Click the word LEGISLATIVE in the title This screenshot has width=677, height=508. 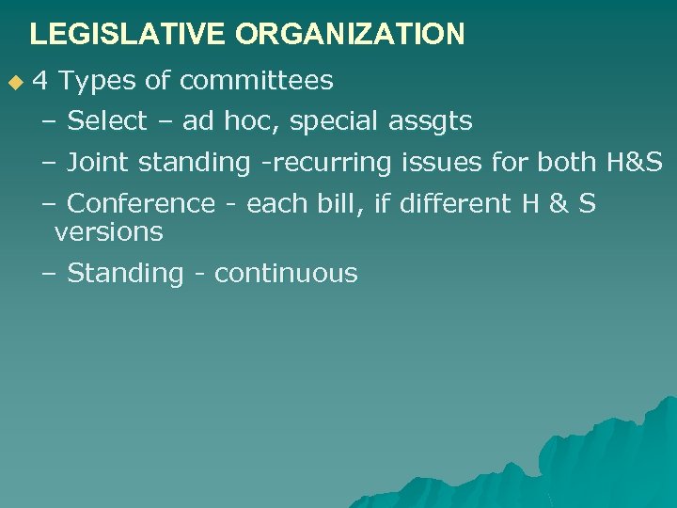pos(128,35)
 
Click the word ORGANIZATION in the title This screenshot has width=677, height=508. pos(350,35)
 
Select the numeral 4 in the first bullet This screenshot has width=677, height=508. pos(40,81)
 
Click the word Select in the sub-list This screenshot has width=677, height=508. pos(107,121)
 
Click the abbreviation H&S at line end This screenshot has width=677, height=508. pos(635,163)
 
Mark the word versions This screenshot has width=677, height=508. pos(108,231)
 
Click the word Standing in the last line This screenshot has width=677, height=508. pos(125,274)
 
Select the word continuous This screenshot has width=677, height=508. pos(286,274)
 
